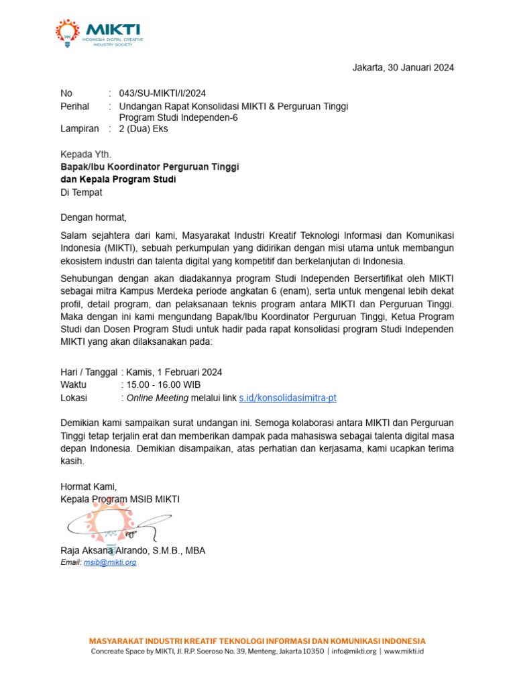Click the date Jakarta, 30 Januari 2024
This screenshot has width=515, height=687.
tap(403, 68)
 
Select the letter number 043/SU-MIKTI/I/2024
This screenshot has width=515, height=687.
tap(162, 93)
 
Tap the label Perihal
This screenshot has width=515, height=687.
tap(75, 106)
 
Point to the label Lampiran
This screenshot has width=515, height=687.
tap(79, 129)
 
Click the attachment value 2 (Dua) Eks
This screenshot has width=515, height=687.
tap(144, 129)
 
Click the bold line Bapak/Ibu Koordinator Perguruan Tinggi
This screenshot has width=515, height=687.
tap(150, 166)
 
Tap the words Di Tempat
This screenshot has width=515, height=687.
tap(81, 192)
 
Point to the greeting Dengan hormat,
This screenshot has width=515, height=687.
tap(93, 217)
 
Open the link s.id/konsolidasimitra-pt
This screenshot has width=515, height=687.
tap(288, 398)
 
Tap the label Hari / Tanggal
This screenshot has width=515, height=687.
tap(89, 372)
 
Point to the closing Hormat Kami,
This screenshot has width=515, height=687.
tap(89, 486)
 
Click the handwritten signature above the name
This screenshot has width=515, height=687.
tap(114, 523)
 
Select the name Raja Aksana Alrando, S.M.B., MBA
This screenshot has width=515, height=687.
tap(133, 551)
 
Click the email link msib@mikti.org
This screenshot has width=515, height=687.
tap(110, 562)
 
